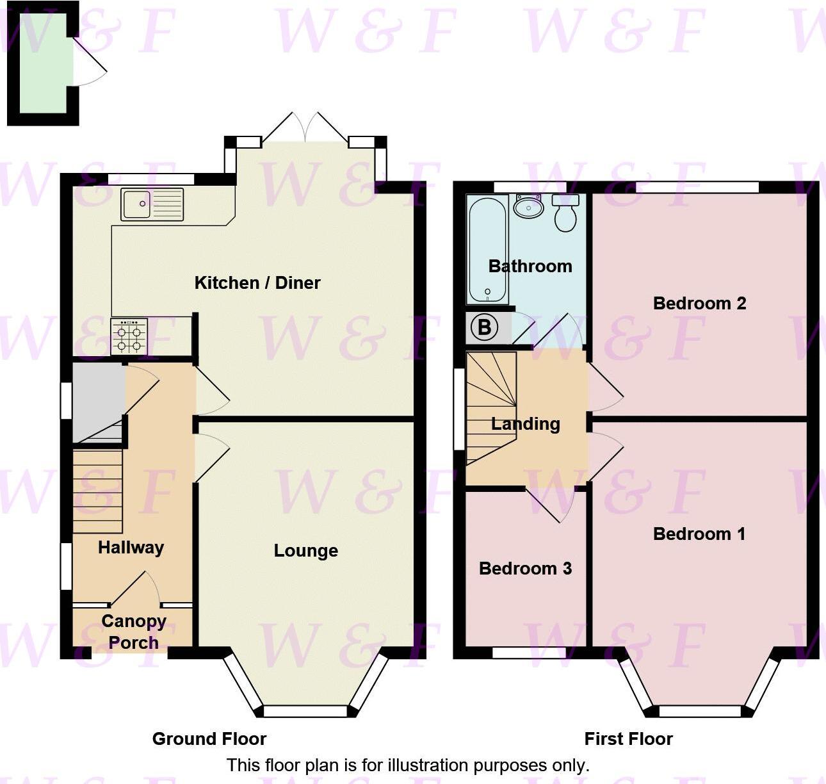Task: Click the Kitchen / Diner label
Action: point(257,282)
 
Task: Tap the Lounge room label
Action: point(306,551)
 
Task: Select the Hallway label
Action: point(131,548)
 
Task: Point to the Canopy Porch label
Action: point(133,632)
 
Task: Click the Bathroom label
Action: point(530,266)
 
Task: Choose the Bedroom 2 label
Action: point(699,303)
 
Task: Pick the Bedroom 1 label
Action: point(699,534)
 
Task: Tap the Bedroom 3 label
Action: point(525,568)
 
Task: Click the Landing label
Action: point(526,423)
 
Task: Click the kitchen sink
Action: point(152,204)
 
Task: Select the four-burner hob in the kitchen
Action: point(129,336)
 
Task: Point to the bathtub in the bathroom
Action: point(487,249)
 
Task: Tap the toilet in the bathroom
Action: point(565,214)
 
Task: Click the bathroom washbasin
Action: point(529,206)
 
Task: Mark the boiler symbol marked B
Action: point(485,328)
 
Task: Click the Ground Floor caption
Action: point(209,739)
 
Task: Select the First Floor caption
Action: point(628,739)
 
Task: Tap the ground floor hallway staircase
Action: point(97,491)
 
